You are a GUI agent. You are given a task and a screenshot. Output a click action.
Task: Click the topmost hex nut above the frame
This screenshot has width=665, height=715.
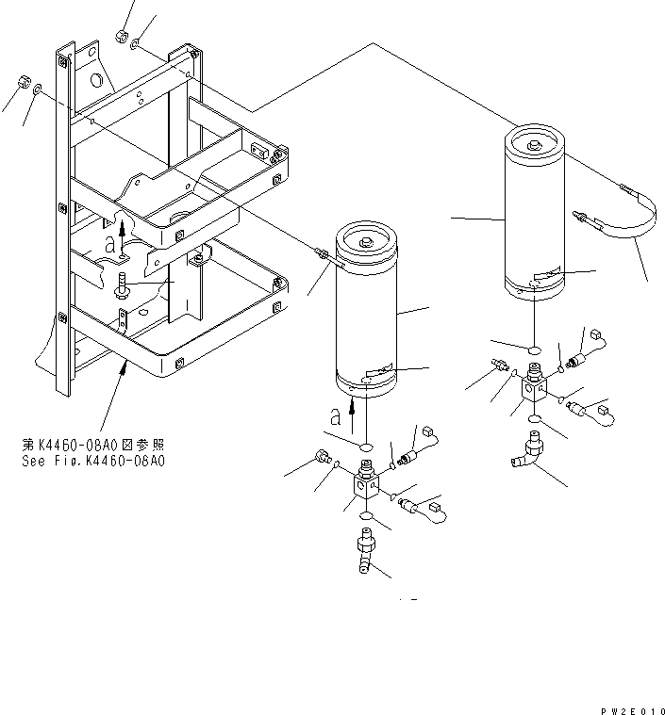(x=121, y=36)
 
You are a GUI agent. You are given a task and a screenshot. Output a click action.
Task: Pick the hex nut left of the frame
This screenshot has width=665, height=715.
(x=21, y=84)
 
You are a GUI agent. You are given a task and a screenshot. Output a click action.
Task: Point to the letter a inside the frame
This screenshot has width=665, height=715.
(x=110, y=243)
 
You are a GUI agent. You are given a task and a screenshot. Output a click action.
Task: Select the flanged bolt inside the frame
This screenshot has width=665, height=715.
(x=125, y=284)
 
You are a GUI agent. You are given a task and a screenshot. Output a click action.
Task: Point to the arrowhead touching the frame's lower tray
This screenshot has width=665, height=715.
(x=123, y=362)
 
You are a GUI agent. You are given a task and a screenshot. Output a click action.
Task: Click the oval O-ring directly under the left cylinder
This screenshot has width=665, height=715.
(x=365, y=442)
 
